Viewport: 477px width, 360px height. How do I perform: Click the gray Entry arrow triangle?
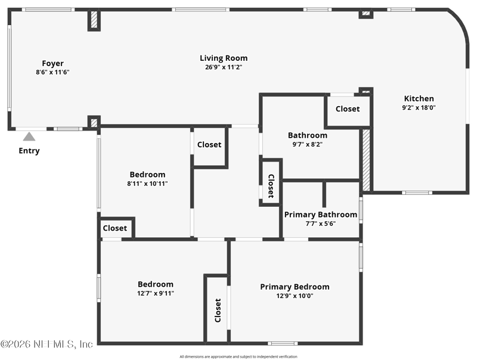(29, 136)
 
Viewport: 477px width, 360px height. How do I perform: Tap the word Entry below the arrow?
(29, 151)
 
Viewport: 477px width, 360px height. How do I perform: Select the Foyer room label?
(53, 63)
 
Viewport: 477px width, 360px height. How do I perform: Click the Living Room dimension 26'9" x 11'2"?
(224, 67)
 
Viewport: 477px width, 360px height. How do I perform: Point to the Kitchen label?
(419, 98)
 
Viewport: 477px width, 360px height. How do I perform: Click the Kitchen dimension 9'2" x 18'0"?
(419, 108)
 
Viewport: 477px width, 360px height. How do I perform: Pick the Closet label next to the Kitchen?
(348, 109)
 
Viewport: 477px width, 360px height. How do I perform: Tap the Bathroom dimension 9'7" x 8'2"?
(308, 144)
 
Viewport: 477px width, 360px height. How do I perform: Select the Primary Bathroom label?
(321, 215)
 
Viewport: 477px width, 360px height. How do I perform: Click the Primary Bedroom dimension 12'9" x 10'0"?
(295, 296)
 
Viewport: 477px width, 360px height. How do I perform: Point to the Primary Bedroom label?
(295, 287)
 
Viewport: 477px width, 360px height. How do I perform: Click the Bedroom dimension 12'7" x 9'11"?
(156, 293)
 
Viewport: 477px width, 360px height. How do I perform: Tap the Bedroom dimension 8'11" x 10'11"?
(147, 184)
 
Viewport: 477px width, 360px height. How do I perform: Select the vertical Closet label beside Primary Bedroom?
(218, 311)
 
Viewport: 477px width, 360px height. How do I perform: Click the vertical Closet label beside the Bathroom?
(271, 186)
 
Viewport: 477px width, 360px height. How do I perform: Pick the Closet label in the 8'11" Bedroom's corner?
(115, 228)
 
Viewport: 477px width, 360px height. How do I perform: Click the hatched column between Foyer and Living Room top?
(94, 20)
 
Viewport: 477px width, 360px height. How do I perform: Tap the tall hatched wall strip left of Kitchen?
(366, 160)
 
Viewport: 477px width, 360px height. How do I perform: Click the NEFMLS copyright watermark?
(47, 344)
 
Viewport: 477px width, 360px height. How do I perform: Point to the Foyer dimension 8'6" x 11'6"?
(53, 72)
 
